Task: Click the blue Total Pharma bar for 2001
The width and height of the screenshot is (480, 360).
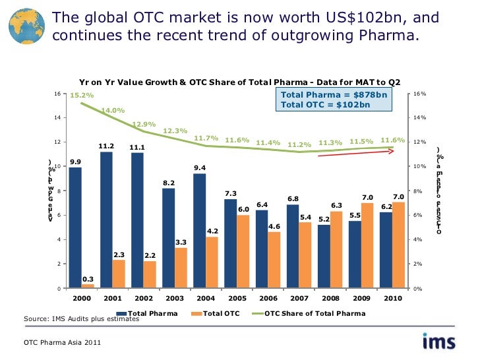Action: tap(106, 220)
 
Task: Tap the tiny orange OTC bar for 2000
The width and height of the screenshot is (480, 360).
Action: tap(88, 286)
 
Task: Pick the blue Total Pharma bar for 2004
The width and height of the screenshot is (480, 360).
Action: tap(200, 231)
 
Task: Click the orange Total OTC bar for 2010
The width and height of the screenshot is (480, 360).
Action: tap(398, 245)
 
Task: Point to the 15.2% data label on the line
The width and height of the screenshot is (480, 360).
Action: tap(82, 96)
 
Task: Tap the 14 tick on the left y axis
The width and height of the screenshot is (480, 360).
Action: tap(59, 117)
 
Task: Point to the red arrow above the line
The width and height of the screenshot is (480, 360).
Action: tap(356, 154)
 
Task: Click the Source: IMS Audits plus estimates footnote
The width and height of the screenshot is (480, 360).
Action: tap(81, 320)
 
